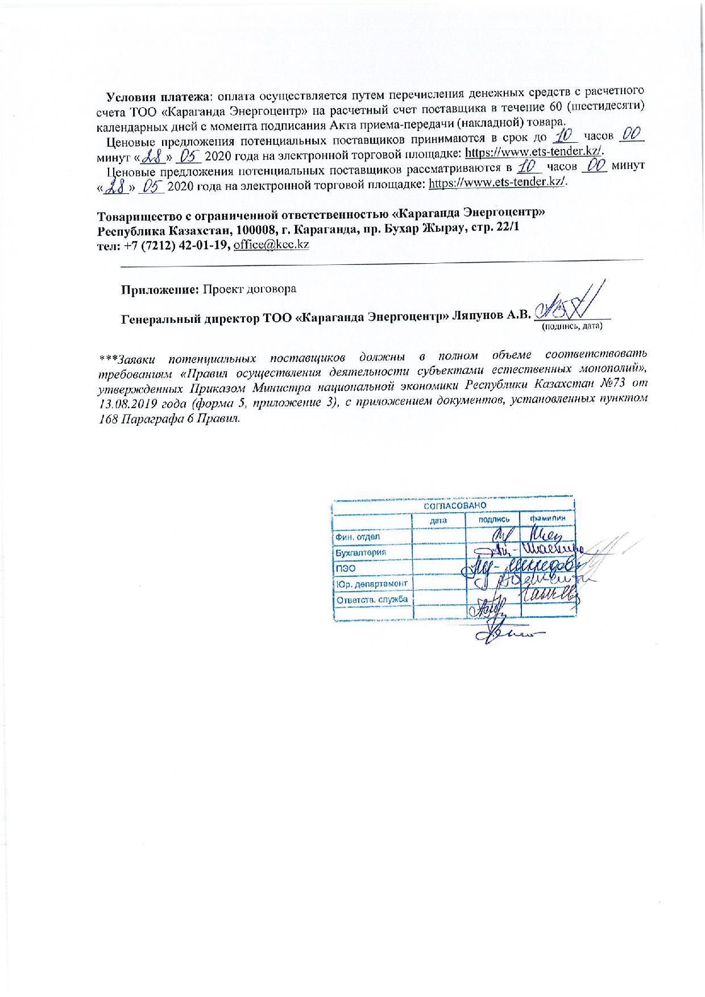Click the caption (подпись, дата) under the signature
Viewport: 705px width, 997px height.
pos(571,327)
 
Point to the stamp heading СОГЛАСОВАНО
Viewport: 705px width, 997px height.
pos(453,505)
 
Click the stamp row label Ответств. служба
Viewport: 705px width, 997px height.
pos(372,599)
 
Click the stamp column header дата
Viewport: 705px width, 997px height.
pos(438,520)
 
